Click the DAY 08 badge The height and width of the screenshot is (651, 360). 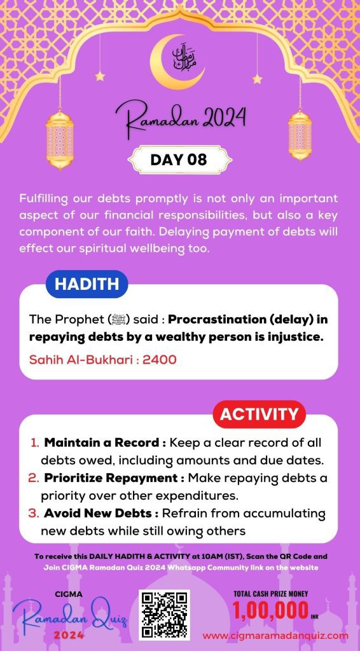pos(179,160)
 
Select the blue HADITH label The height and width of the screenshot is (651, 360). pos(87,285)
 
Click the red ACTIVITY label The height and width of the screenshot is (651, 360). pos(259,415)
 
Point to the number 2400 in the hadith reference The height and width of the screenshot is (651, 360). pos(159,360)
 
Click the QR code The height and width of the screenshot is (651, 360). pos(165,614)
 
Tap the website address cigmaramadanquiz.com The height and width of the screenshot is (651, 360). pos(275,635)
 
